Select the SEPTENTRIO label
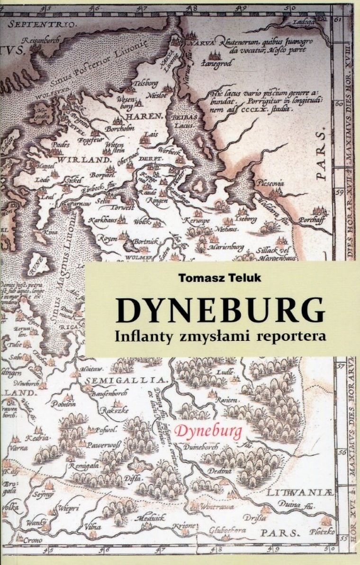pyautogui.click(x=38, y=23)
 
